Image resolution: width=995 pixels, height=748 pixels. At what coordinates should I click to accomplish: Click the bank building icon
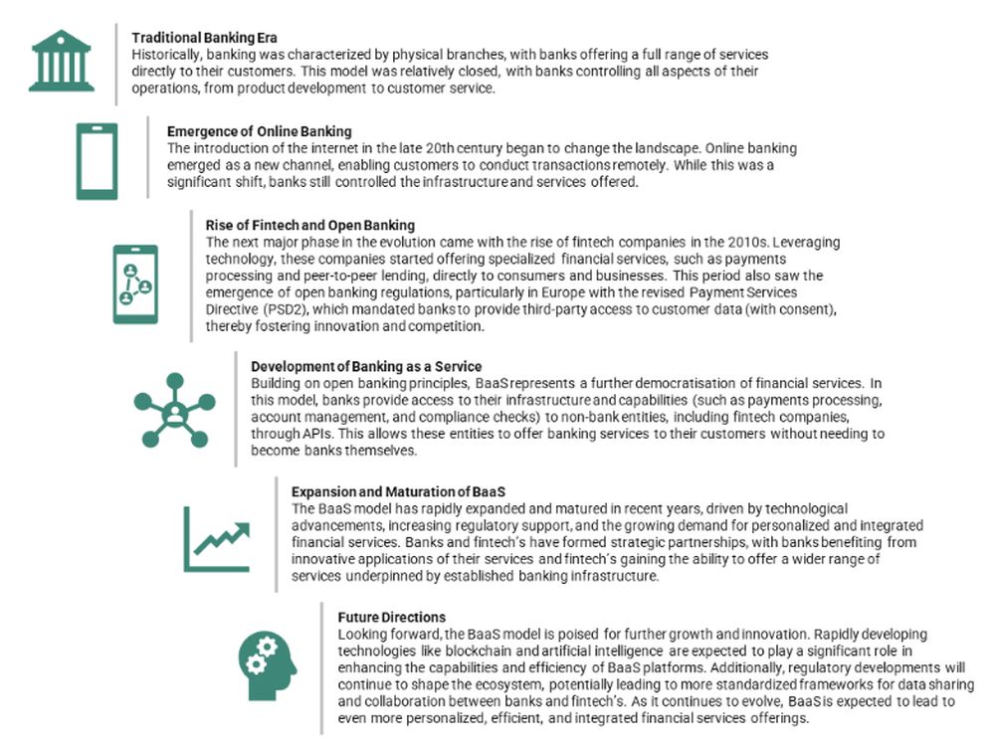(x=62, y=61)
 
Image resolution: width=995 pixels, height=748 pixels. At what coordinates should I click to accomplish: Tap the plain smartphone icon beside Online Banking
(x=97, y=161)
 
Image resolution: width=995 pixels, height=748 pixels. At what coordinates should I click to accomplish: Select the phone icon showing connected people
(x=135, y=283)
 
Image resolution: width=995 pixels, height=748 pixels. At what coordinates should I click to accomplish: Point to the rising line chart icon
(x=216, y=537)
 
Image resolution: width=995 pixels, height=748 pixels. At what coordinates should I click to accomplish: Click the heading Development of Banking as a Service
(x=365, y=366)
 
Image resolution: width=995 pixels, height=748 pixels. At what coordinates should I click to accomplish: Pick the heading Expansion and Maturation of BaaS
(x=398, y=492)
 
